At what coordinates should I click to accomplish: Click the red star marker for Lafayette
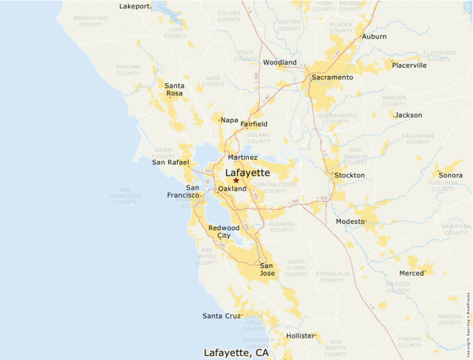pyautogui.click(x=236, y=180)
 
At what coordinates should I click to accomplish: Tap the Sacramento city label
pyautogui.click(x=332, y=77)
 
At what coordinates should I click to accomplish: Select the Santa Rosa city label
pyautogui.click(x=174, y=89)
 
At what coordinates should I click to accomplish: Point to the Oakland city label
pyautogui.click(x=232, y=189)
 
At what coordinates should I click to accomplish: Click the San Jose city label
pyautogui.click(x=267, y=269)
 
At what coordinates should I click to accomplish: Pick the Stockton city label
pyautogui.click(x=349, y=176)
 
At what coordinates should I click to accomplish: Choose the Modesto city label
pyautogui.click(x=350, y=221)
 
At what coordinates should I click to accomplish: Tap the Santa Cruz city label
pyautogui.click(x=221, y=316)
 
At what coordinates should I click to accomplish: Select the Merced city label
pyautogui.click(x=411, y=273)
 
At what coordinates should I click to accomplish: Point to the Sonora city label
pyautogui.click(x=450, y=176)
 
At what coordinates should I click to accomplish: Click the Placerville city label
pyautogui.click(x=409, y=66)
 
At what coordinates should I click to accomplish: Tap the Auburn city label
pyautogui.click(x=374, y=37)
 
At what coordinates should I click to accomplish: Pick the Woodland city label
pyautogui.click(x=280, y=62)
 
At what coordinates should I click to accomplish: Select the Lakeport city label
pyautogui.click(x=135, y=6)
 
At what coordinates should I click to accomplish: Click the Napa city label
pyautogui.click(x=229, y=120)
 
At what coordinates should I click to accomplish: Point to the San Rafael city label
pyautogui.click(x=170, y=162)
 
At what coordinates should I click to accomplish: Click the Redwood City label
pyautogui.click(x=223, y=231)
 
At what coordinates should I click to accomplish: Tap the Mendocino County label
pyautogui.click(x=90, y=21)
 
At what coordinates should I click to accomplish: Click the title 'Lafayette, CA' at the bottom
pyautogui.click(x=236, y=352)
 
